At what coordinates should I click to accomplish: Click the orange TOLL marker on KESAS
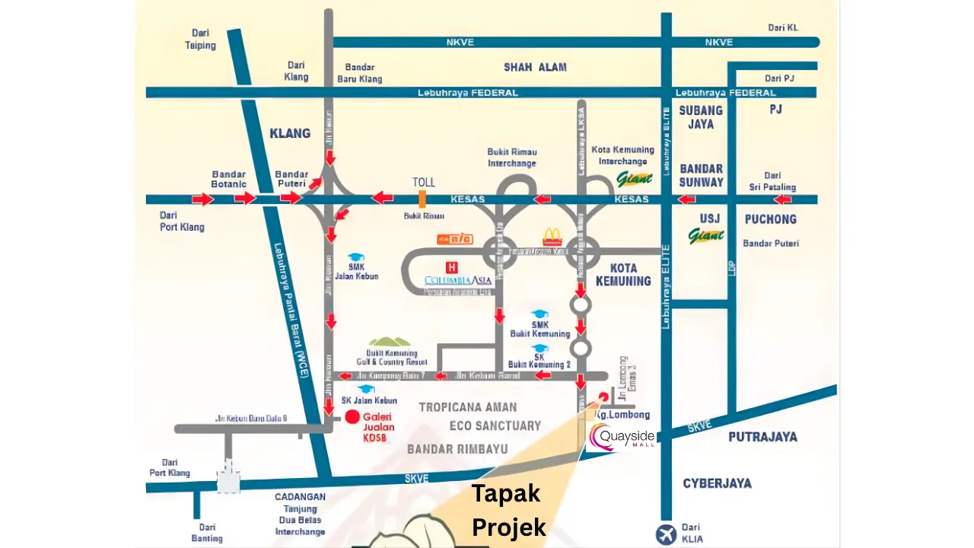coord(422,199)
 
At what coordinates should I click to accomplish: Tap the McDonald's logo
coord(552,237)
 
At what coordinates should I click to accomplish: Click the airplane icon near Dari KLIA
coord(665,534)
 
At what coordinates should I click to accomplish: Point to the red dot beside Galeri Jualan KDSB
coord(352,416)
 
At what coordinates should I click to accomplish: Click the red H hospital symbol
coord(452,267)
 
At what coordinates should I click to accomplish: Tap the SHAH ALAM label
coord(535,67)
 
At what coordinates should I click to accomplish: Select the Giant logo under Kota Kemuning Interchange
coord(634,180)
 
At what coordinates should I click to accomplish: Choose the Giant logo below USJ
coord(706,236)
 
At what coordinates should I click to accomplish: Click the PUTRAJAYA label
coord(762,436)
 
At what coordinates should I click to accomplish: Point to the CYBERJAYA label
coord(717,483)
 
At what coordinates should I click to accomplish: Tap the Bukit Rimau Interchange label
coord(511,158)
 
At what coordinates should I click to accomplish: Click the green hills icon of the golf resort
coord(390,342)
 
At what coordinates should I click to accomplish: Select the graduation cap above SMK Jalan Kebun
coord(355,257)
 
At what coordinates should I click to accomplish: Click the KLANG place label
coord(290,133)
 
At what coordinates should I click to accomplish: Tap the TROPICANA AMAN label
coord(467,407)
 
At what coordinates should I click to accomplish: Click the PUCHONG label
coord(770,219)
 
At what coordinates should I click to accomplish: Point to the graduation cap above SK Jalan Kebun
coord(367,389)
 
